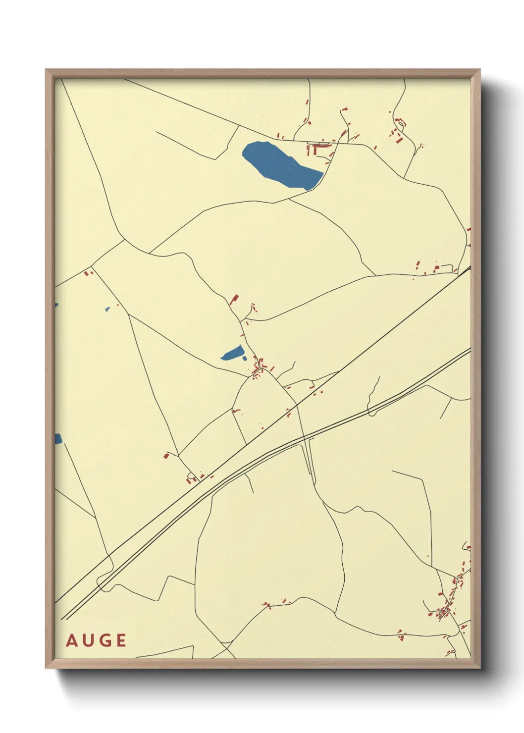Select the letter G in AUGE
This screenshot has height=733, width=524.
tap(105, 640)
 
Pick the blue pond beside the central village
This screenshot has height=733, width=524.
tap(232, 353)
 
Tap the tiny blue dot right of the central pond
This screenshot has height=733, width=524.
tap(245, 358)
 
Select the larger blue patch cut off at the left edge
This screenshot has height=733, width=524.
tap(58, 438)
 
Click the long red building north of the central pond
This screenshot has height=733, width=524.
tap(234, 299)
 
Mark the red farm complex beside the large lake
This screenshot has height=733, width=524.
tap(319, 147)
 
